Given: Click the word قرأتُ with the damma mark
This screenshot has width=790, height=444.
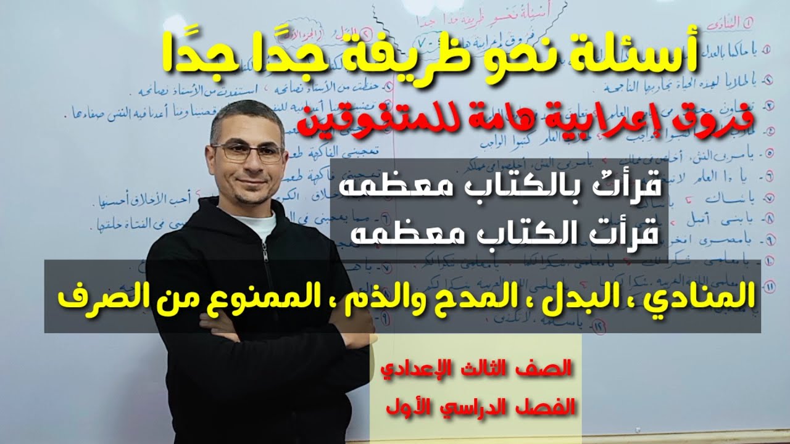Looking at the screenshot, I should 626,186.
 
